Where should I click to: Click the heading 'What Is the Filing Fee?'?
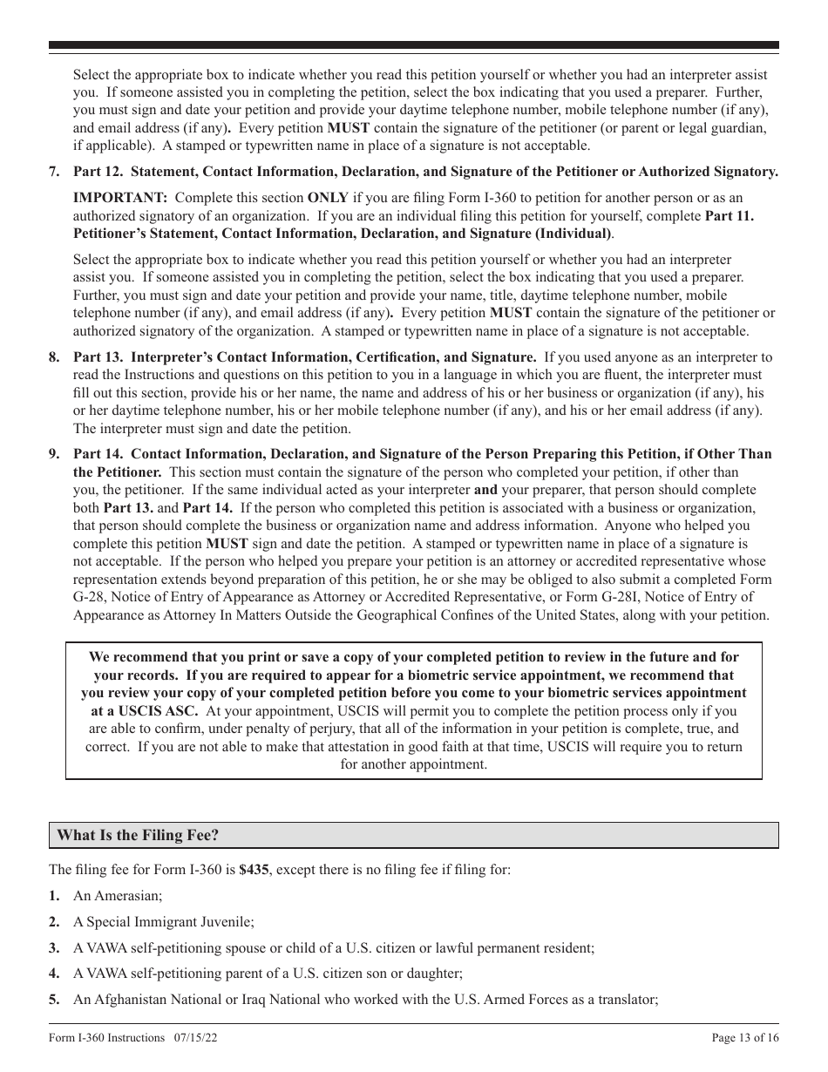point(138,835)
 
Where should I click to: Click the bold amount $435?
point(254,870)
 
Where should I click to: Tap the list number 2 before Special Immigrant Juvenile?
point(54,921)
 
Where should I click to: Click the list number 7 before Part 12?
point(54,172)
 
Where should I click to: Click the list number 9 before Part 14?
point(54,454)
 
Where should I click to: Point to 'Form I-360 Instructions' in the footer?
point(107,1038)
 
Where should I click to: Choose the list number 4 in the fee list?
point(54,974)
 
